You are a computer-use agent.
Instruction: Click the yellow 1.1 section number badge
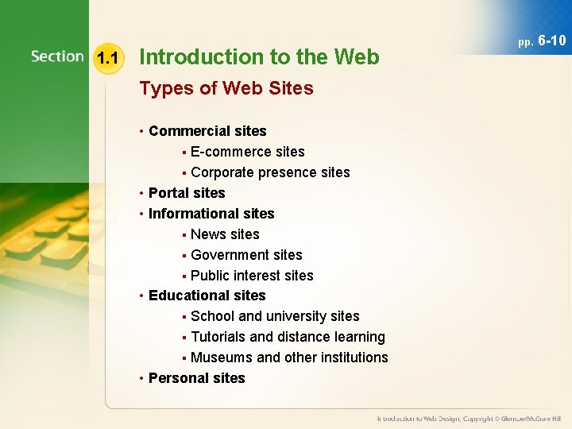106,57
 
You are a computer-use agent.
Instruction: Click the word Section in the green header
57,56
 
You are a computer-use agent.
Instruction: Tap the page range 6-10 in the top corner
551,41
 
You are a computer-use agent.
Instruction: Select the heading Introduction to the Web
259,57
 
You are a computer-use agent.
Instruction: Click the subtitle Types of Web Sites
226,88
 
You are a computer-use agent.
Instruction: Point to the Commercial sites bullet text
207,131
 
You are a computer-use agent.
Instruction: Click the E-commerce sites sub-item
248,152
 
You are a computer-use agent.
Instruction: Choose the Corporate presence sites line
270,172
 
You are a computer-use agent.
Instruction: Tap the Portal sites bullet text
187,193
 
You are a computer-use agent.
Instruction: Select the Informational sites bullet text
211,214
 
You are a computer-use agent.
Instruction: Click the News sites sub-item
225,234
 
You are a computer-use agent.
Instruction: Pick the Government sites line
246,255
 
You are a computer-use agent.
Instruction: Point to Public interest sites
252,276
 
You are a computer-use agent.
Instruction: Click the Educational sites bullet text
207,296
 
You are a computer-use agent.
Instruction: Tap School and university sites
275,316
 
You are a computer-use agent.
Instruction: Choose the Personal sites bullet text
197,378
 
